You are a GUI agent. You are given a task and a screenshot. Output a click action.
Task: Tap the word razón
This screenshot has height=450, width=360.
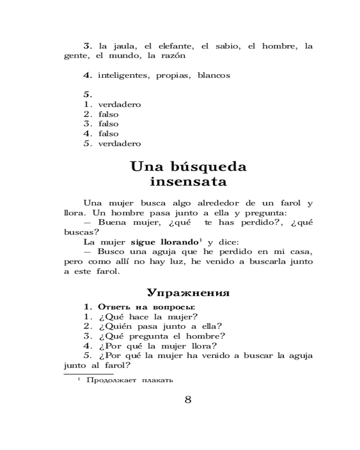173,56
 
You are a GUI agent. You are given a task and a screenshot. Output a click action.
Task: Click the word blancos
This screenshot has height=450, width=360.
214,76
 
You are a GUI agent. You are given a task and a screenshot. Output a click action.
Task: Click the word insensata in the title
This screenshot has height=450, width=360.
188,182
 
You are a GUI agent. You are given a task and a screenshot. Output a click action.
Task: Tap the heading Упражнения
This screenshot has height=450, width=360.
188,293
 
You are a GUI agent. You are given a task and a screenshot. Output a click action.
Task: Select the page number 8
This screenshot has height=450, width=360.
188,400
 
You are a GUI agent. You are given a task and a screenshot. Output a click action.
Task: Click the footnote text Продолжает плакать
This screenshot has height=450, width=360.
130,380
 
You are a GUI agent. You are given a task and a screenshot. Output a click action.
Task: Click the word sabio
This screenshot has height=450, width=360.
227,46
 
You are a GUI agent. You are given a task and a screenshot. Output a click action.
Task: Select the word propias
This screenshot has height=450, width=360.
172,76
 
